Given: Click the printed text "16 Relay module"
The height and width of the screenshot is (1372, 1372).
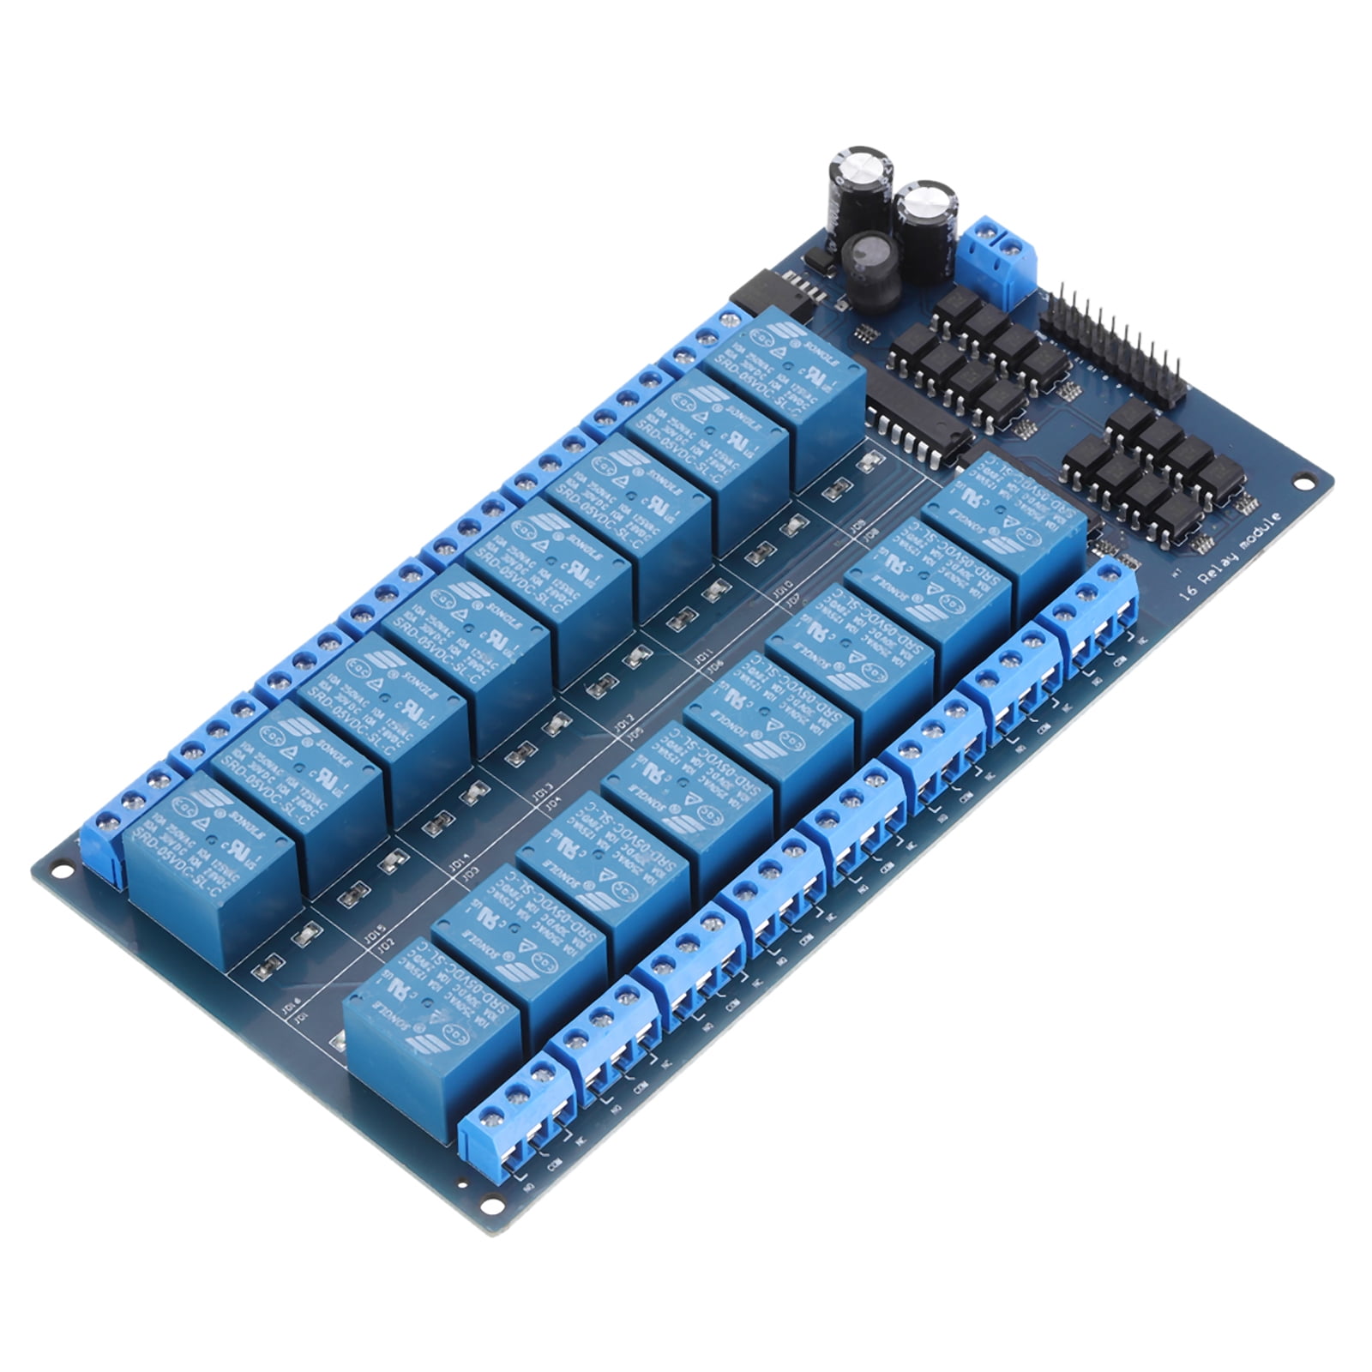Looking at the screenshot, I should click(1231, 557).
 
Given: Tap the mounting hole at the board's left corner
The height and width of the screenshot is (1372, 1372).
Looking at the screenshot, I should click(60, 873).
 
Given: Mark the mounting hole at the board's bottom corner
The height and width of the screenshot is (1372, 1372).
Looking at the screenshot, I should click(490, 1204).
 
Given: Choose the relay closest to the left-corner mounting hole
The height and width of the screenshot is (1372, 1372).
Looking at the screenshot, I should click(210, 866).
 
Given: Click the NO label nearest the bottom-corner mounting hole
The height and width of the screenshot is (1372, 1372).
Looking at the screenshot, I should click(530, 1184).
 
